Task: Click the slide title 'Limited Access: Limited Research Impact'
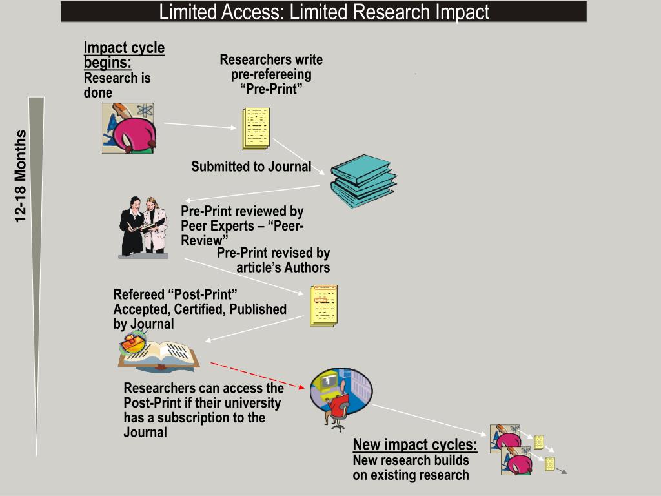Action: click(324, 12)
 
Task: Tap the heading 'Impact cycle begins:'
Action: click(124, 55)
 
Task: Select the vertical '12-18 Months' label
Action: click(21, 176)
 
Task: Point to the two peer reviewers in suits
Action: click(144, 227)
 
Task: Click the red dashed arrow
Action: click(257, 375)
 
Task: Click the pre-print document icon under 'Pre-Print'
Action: click(256, 128)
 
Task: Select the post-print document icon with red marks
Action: click(323, 305)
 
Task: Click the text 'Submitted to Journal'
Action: click(251, 167)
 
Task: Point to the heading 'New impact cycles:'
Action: click(415, 445)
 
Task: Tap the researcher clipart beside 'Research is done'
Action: click(128, 128)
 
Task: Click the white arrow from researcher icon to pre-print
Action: click(200, 125)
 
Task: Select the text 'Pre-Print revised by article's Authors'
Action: click(274, 260)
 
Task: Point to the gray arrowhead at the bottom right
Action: click(564, 472)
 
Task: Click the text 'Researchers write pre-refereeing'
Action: click(271, 67)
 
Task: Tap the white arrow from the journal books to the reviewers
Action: click(252, 192)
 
